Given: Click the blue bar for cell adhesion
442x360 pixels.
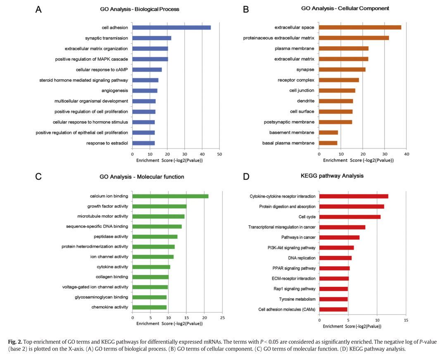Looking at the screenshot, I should (x=171, y=28).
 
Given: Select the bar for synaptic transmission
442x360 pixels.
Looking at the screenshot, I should (x=152, y=38).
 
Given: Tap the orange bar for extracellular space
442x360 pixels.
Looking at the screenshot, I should (x=360, y=27).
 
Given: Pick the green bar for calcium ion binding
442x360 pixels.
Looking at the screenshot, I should (x=170, y=196).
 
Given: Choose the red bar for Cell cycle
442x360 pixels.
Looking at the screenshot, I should (x=350, y=217).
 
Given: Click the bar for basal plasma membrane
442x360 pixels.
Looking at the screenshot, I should (x=328, y=143).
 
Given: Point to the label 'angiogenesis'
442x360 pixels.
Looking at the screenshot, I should (x=115, y=91).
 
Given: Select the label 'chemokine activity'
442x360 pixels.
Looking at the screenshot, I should (x=110, y=307).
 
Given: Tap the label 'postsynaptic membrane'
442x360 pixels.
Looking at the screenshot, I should (x=289, y=122).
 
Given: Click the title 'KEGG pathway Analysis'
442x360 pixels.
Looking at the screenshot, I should (x=332, y=176).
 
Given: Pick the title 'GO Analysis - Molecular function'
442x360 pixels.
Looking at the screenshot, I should (x=142, y=177).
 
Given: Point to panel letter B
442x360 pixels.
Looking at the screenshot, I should (x=246, y=9).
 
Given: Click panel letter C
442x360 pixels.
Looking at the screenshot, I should (x=38, y=176).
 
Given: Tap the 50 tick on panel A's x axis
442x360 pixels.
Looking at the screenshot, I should (x=219, y=154).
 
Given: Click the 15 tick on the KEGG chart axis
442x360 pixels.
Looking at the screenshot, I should (x=406, y=320).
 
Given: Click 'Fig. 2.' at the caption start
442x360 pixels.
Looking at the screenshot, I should (x=15, y=342).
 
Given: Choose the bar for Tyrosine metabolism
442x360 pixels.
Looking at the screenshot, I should (x=333, y=299).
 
